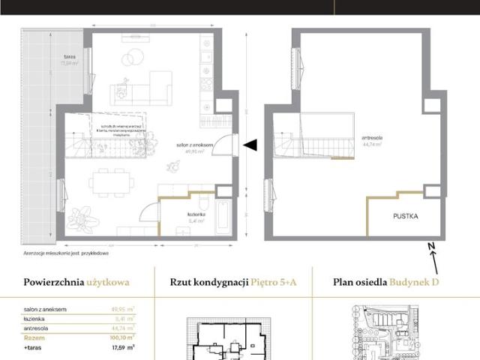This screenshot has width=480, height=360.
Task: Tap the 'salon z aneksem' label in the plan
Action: click(199, 145)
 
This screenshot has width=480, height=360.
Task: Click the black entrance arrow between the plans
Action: click(251, 145)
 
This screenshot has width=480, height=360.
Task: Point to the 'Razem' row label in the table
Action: click(34, 337)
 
